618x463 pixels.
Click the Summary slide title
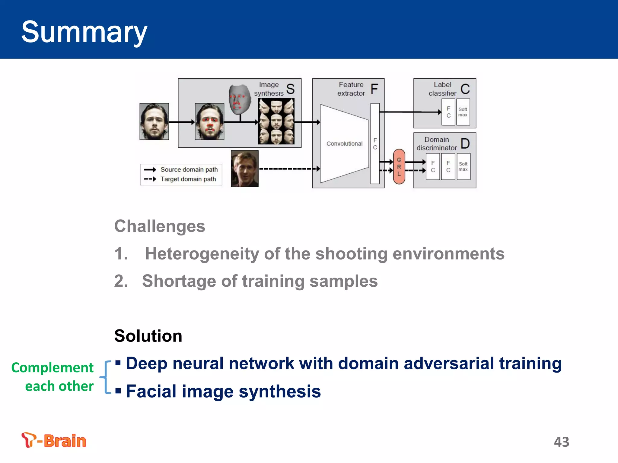[x=84, y=32]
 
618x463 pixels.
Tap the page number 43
[x=561, y=442]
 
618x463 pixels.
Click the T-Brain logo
[x=54, y=440]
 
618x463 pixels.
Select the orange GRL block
[x=399, y=167]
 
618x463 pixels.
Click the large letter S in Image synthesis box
[x=290, y=89]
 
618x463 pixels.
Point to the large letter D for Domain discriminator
[x=465, y=144]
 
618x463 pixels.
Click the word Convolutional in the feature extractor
[x=344, y=144]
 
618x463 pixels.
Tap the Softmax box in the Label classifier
[x=463, y=112]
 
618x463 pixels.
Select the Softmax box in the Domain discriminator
[x=463, y=166]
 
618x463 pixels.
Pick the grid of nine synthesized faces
[x=276, y=121]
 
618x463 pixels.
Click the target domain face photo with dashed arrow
[x=244, y=169]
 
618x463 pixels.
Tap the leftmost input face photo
[x=154, y=121]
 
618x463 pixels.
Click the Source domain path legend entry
[x=189, y=169]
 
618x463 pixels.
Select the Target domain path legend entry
[x=188, y=179]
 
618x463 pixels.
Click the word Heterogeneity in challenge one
[x=202, y=254]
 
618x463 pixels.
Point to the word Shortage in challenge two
[x=179, y=281]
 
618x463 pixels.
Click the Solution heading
[x=148, y=336]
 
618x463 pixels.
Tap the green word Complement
[x=52, y=368]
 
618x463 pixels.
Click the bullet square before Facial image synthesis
[x=118, y=391]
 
